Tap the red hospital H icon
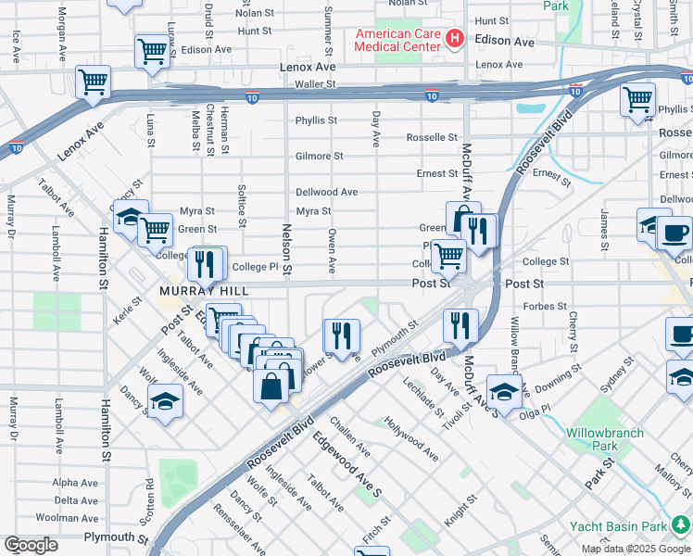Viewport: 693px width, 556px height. [455, 39]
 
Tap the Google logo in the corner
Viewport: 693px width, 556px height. [31, 546]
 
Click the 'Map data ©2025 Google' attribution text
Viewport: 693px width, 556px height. [636, 549]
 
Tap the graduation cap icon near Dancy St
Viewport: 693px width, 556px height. [164, 402]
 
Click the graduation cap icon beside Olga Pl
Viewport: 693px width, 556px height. [503, 392]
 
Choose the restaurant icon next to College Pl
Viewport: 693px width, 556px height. [204, 264]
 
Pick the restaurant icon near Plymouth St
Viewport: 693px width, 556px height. [340, 335]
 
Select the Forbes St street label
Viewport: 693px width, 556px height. [545, 306]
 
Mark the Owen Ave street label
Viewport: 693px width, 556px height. [332, 252]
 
